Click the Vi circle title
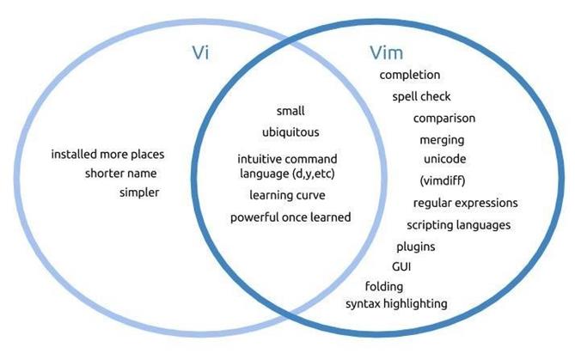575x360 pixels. click(200, 53)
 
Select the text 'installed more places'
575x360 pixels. click(107, 156)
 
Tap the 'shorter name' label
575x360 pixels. click(121, 174)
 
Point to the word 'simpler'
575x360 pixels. click(139, 192)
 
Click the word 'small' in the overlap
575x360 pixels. click(291, 111)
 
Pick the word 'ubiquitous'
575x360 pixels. click(291, 132)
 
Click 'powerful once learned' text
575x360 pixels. click(291, 217)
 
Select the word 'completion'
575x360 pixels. click(410, 76)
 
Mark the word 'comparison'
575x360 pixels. click(443, 119)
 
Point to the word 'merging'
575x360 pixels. click(442, 140)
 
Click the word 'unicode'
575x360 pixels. click(445, 160)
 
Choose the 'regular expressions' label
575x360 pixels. click(465, 204)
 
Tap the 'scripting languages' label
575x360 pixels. click(459, 225)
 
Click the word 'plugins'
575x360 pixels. click(415, 247)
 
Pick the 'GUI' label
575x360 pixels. click(401, 267)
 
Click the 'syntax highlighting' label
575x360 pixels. click(396, 304)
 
